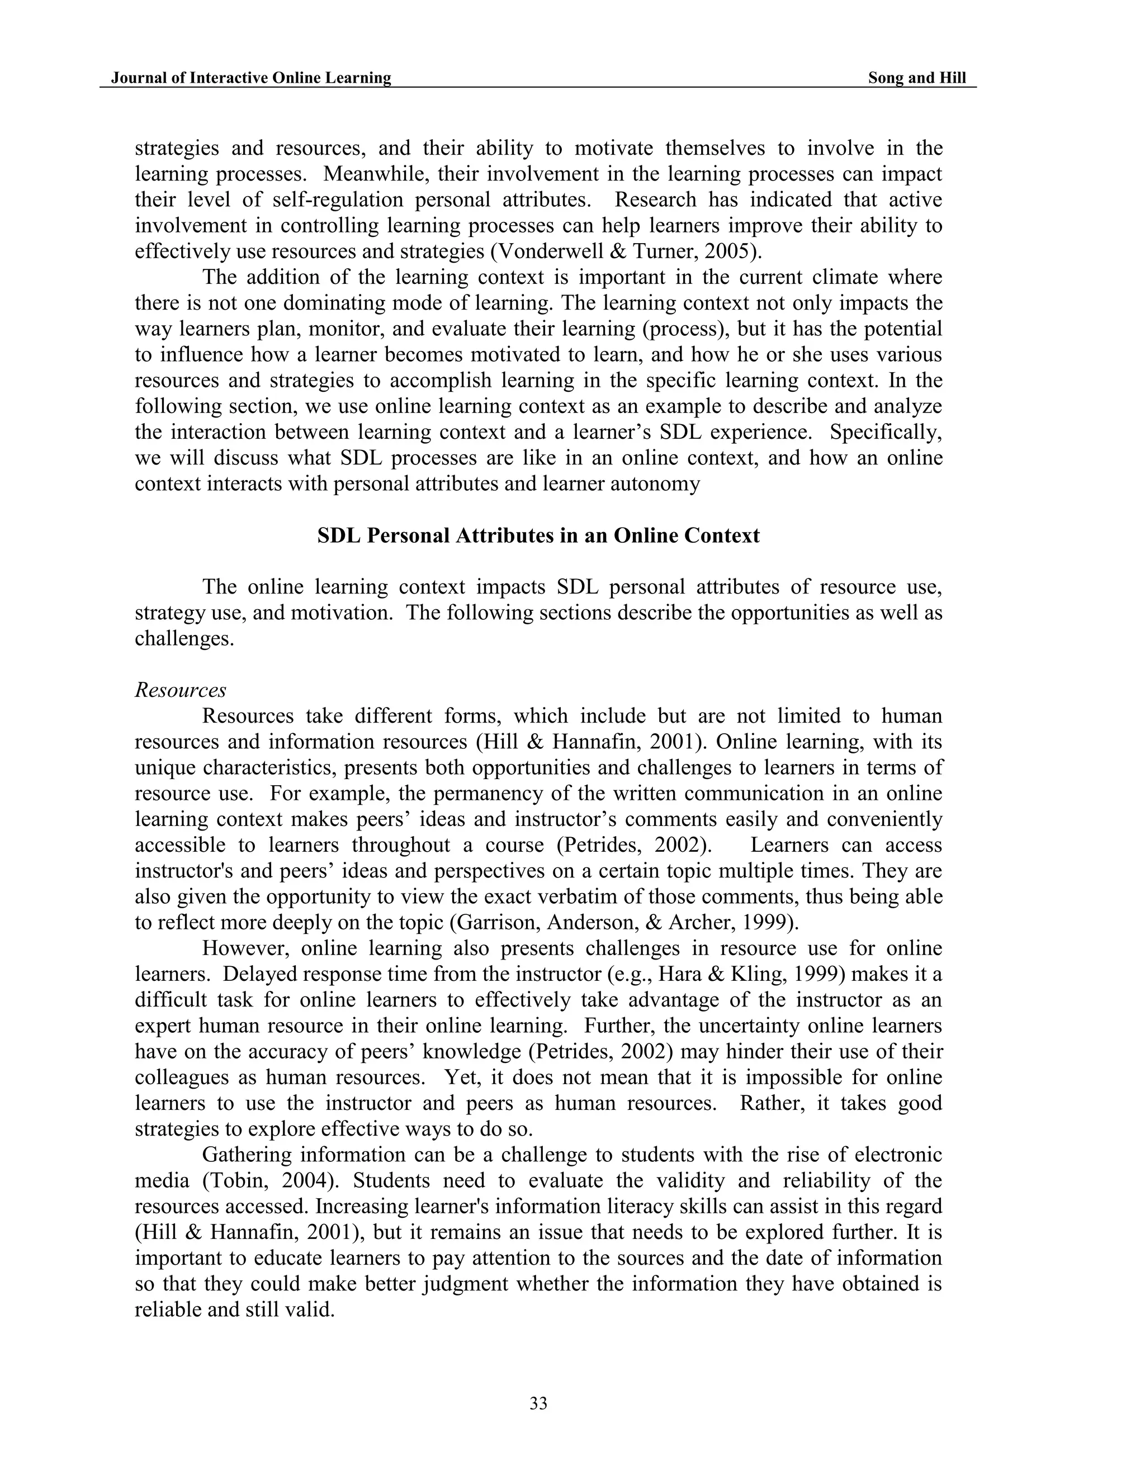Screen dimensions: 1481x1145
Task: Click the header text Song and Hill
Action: tap(916, 78)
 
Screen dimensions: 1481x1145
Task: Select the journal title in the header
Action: tap(251, 78)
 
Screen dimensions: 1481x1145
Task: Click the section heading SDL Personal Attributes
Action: tap(538, 536)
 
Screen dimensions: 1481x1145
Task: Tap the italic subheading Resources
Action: tap(181, 690)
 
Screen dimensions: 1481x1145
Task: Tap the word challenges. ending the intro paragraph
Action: tap(184, 639)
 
